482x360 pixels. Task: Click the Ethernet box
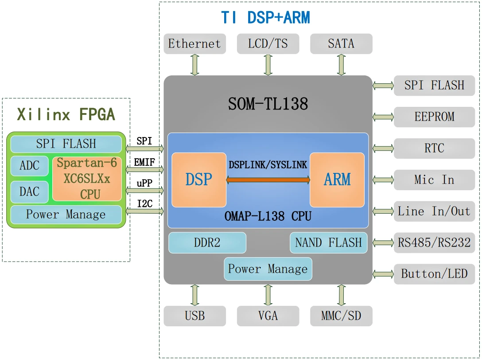pyautogui.click(x=194, y=44)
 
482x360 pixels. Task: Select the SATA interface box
pyautogui.click(x=341, y=44)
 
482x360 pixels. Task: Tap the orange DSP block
pyautogui.click(x=198, y=180)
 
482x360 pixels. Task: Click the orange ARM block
pyautogui.click(x=337, y=180)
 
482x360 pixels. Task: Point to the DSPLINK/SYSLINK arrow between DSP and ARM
pyautogui.click(x=268, y=180)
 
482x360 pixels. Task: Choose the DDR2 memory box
pyautogui.click(x=207, y=243)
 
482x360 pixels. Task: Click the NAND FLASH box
pyautogui.click(x=328, y=243)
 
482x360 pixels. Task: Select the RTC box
pyautogui.click(x=434, y=148)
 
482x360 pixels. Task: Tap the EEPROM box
pyautogui.click(x=434, y=117)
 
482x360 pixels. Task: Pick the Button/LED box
pyautogui.click(x=434, y=274)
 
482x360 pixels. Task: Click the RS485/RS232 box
pyautogui.click(x=434, y=243)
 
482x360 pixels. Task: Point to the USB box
pyautogui.click(x=194, y=316)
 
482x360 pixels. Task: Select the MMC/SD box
pyautogui.click(x=341, y=316)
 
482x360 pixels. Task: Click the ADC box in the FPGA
pyautogui.click(x=30, y=166)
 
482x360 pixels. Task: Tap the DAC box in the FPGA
pyautogui.click(x=30, y=192)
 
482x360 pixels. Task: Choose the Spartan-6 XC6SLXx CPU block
pyautogui.click(x=87, y=179)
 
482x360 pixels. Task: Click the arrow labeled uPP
pyautogui.click(x=145, y=191)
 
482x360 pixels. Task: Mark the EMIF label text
pyautogui.click(x=144, y=162)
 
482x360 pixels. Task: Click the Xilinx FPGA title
pyautogui.click(x=66, y=114)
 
